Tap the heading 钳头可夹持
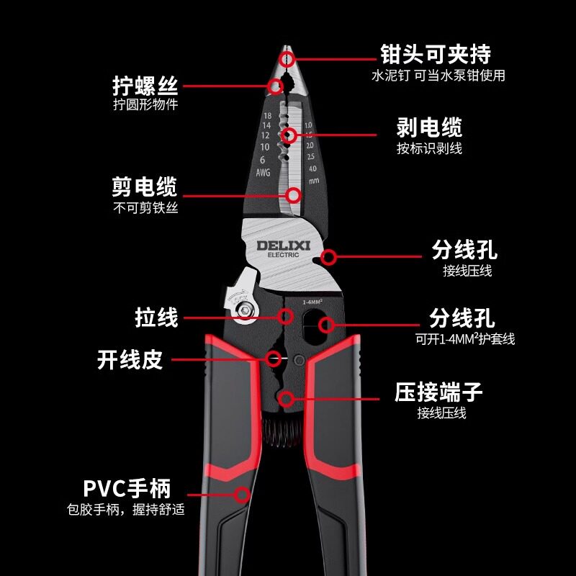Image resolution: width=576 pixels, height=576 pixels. click(436, 55)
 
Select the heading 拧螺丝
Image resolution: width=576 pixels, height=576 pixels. click(145, 86)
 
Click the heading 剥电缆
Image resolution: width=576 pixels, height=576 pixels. click(429, 127)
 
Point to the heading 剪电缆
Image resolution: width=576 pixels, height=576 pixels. click(145, 186)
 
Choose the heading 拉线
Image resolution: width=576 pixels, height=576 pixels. click(156, 318)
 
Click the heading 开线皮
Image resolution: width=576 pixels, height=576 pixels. click(130, 359)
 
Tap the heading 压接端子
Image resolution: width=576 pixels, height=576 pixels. click(438, 392)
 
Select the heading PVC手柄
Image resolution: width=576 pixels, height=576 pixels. click(127, 488)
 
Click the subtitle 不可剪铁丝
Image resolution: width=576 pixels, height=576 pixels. click(145, 208)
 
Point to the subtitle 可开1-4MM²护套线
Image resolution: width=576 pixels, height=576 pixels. click(464, 338)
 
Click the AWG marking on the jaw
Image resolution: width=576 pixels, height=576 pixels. click(263, 172)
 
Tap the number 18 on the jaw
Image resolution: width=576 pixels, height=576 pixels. click(267, 116)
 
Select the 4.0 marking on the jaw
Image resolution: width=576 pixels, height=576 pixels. click(312, 168)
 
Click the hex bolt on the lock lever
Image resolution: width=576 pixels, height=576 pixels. click(243, 310)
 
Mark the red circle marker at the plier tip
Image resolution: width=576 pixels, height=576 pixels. click(287, 59)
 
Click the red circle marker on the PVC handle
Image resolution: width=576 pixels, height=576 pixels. click(242, 495)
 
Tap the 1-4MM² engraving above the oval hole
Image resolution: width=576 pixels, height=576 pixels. click(312, 302)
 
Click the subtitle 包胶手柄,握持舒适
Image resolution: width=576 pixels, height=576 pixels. click(125, 510)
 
